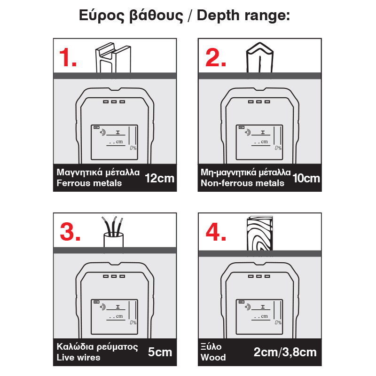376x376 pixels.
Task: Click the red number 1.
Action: tap(68, 57)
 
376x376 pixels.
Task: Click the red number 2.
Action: tap(216, 57)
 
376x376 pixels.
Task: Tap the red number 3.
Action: tap(70, 232)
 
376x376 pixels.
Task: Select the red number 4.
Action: tap(216, 232)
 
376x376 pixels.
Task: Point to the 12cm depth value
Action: tap(159, 179)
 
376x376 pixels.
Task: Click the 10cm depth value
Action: tap(306, 179)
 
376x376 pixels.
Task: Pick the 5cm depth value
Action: tap(160, 352)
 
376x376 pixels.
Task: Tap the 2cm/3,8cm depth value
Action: tap(285, 352)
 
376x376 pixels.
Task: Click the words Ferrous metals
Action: tap(89, 183)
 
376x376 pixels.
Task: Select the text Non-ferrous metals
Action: tap(243, 183)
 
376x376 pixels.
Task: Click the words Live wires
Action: tap(78, 358)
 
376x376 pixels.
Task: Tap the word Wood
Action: tap(213, 358)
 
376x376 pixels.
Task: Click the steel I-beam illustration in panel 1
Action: tap(113, 57)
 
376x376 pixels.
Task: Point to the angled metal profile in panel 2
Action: tap(260, 57)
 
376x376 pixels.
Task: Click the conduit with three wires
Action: tap(113, 232)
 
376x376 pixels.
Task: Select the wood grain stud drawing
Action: tap(260, 233)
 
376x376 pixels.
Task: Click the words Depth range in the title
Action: tap(243, 16)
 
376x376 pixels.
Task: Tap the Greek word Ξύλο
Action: tap(211, 347)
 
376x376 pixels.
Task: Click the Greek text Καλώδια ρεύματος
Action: tap(97, 347)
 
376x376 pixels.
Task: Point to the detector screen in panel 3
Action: tap(114, 317)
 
